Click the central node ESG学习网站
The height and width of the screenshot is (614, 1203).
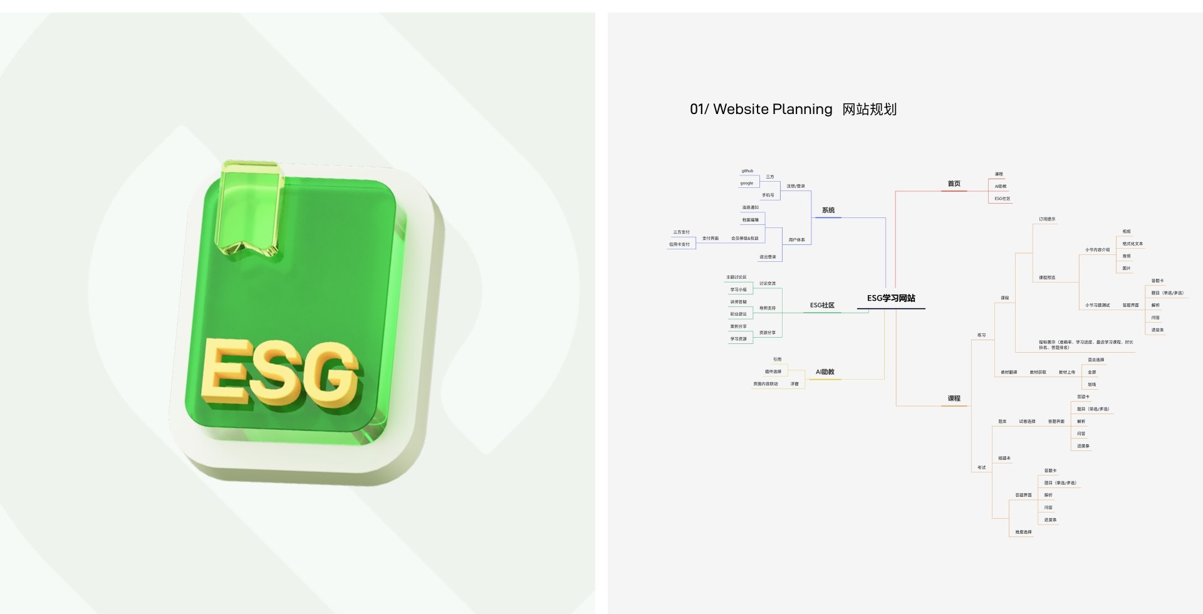[x=891, y=298]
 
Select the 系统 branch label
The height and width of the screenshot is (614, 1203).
[x=828, y=211]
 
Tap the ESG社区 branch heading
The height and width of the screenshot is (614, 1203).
[x=822, y=305]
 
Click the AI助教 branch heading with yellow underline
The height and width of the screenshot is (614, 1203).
[x=825, y=372]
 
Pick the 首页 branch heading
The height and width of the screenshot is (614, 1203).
[x=954, y=184]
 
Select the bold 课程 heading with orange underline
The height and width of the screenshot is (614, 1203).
[x=954, y=398]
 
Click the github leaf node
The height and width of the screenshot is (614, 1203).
[x=747, y=171]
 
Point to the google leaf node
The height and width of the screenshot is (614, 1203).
[x=747, y=184]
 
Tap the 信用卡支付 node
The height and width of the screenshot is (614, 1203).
[x=679, y=244]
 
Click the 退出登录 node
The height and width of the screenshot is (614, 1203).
[x=768, y=257]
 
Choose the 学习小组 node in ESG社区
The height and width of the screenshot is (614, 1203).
[x=738, y=289]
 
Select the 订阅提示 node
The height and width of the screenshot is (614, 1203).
[x=1047, y=219]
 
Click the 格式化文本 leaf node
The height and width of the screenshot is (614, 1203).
[x=1132, y=244]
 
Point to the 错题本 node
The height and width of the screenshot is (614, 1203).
[x=1004, y=459]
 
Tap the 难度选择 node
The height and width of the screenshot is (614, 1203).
[x=1023, y=532]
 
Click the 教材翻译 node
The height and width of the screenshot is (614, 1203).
[x=1009, y=372]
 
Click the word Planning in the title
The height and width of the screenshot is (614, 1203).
[x=804, y=110]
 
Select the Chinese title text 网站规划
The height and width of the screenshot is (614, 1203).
[x=869, y=110]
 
